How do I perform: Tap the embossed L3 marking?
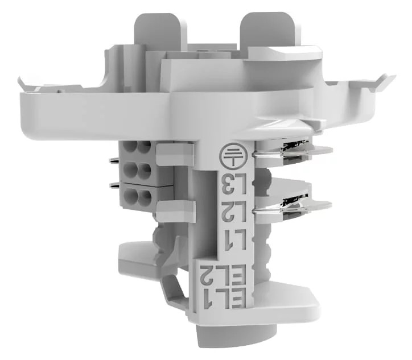click(x=230, y=183)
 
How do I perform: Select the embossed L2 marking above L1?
click(x=230, y=212)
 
